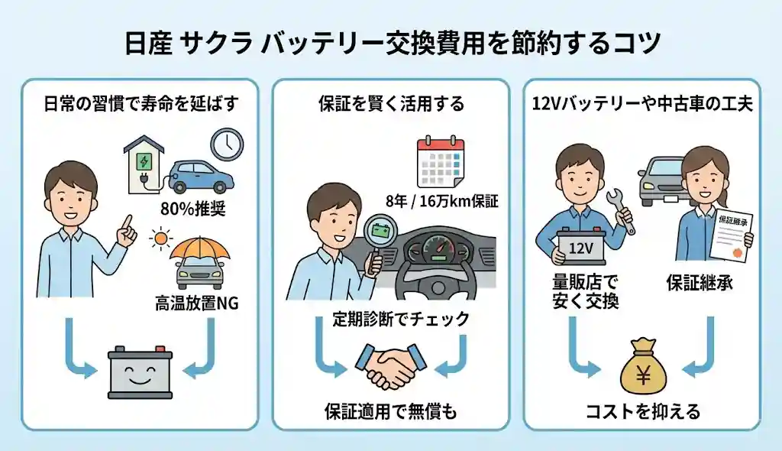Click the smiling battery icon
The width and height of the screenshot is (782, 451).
coord(139,372)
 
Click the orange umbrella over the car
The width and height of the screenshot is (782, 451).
coord(201,245)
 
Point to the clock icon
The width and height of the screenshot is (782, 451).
coord(226,144)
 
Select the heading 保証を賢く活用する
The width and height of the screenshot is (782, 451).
coord(390,105)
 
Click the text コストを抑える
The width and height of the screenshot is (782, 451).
coord(642,412)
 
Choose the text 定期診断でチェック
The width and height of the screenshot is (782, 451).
coord(389,320)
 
